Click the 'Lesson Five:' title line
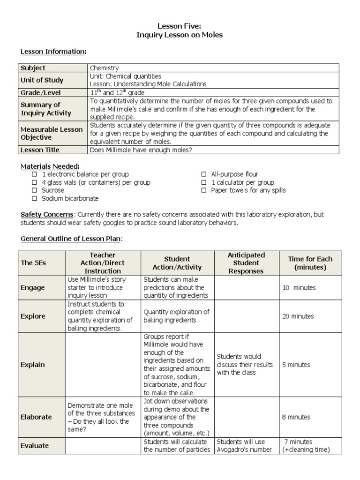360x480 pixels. pos(180,27)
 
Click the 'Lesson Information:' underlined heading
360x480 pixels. pos(53,52)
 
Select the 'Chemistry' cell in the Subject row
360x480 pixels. pos(104,68)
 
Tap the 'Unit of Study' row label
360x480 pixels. pos(42,80)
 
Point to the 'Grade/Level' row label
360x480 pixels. pos(41,93)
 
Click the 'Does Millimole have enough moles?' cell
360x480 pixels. pos(141,150)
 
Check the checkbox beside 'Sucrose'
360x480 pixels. pos(34,190)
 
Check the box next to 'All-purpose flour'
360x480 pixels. pos(203,174)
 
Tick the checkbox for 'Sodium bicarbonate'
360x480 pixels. pos(34,198)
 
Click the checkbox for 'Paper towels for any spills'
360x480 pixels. pos(203,190)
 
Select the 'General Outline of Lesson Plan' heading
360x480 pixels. pos(71,239)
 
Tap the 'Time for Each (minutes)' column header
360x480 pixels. pos(306,263)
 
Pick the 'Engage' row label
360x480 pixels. pos(33,288)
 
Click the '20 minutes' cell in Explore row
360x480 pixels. pos(298,316)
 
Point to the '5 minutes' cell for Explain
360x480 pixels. pos(296,365)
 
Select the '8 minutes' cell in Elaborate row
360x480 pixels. pos(296,417)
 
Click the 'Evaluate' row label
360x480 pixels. pos(35,446)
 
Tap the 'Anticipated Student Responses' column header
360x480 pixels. pos(246,263)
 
